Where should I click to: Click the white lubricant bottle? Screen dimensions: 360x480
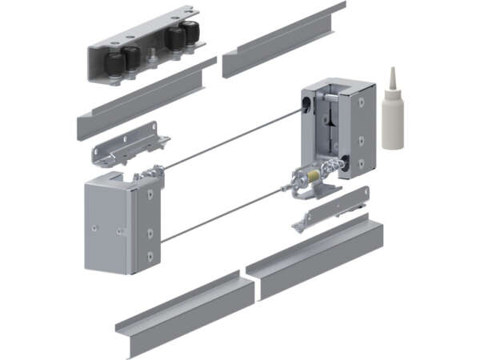pos(392,120)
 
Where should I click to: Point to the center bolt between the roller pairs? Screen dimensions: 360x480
pos(150,56)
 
